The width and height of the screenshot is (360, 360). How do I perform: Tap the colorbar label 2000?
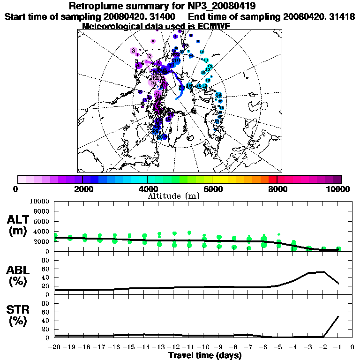coord(82,189)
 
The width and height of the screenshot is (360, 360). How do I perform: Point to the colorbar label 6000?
coord(212,189)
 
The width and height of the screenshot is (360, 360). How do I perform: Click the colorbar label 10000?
coord(338,189)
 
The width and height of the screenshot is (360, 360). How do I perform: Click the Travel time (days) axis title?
coord(205,355)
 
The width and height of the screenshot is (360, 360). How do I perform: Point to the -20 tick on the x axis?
coord(55,347)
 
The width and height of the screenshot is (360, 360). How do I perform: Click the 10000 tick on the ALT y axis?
coord(40,201)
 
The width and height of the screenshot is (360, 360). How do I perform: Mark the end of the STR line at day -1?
coord(339,316)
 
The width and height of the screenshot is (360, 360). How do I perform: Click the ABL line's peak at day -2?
coord(323,271)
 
